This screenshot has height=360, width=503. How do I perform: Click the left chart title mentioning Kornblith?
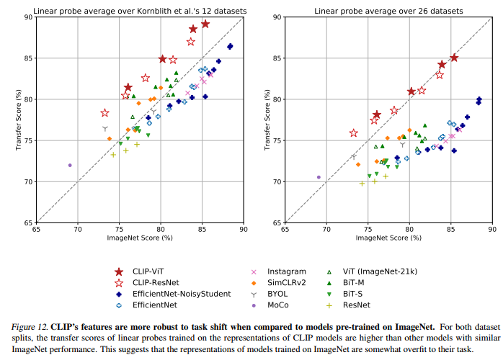point(139,10)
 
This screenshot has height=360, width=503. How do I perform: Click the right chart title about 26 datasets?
point(388,10)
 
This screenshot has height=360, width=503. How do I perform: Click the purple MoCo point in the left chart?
point(70,165)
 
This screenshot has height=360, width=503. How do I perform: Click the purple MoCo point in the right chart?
point(319,176)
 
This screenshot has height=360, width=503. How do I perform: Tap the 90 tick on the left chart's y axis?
point(27,17)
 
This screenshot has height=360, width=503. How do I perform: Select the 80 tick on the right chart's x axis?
point(409,228)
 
